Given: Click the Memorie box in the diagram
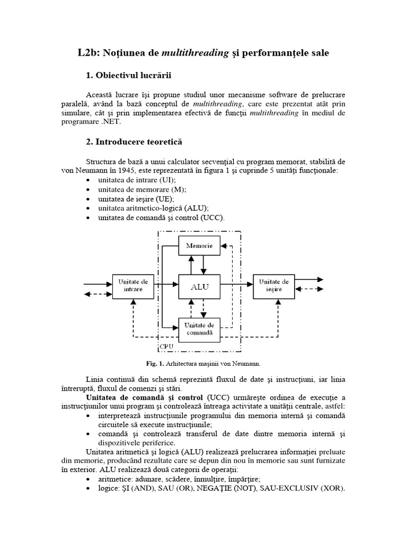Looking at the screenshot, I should pos(199,246).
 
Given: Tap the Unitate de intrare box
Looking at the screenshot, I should pos(130,286).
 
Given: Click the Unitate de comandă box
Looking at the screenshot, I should pos(199,328).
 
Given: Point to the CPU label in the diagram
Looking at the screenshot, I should pos(166,347).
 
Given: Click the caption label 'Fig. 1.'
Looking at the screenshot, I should pos(156,364).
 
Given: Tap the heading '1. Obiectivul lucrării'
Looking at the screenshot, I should pos(129,75).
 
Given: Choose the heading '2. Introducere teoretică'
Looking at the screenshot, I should pos(134,142).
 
